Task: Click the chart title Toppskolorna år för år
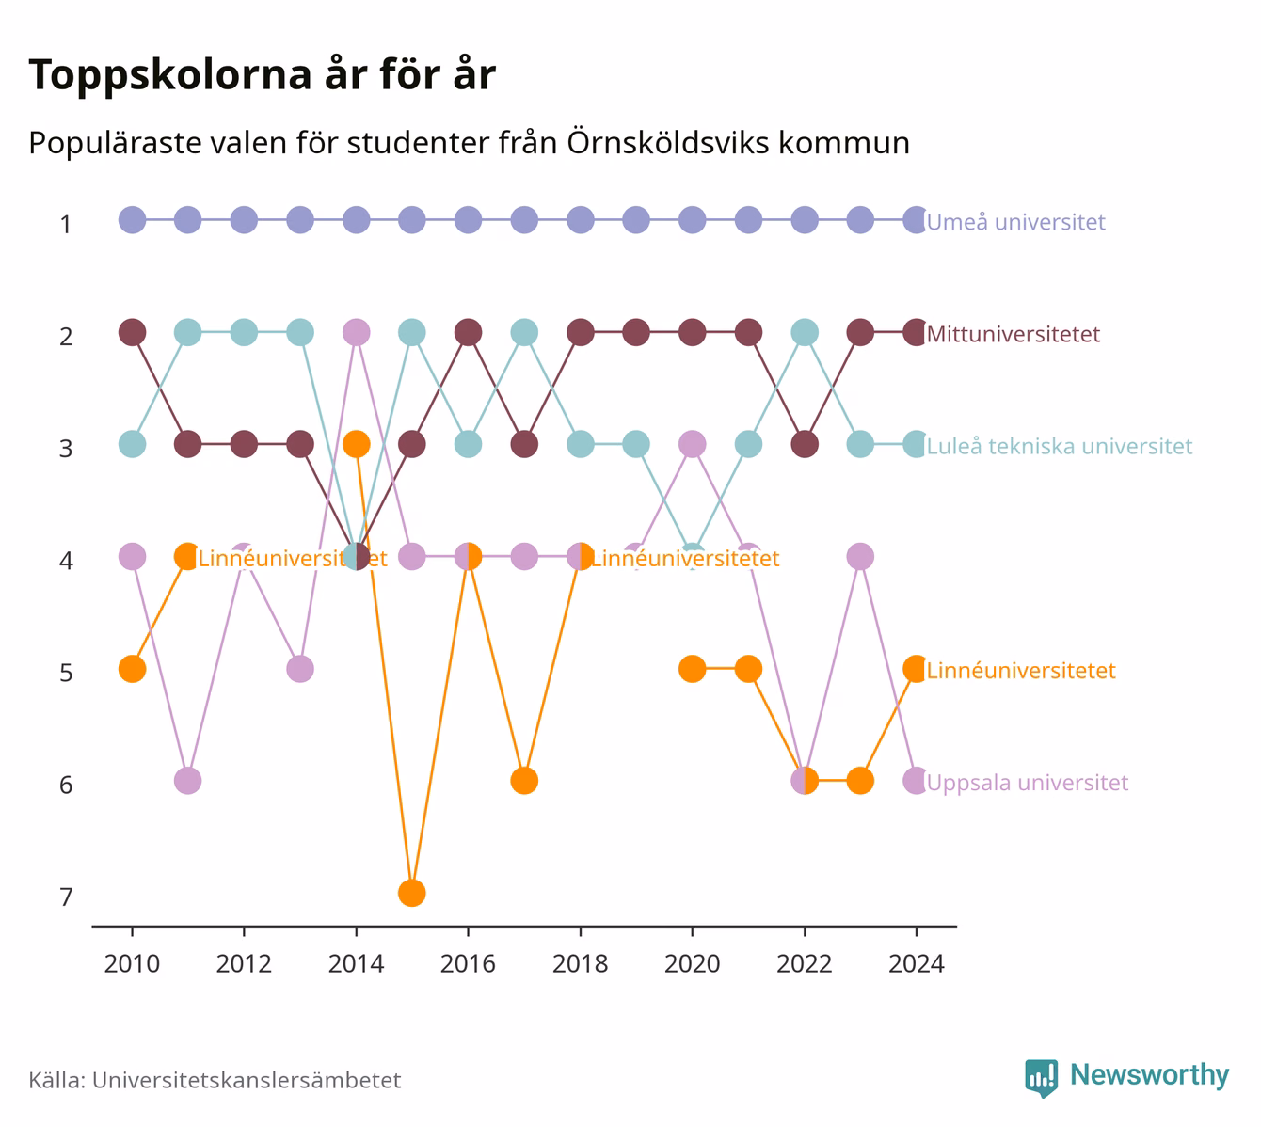point(262,75)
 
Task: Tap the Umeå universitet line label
point(1015,221)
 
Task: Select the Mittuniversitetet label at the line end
point(1014,334)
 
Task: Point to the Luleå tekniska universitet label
point(1060,446)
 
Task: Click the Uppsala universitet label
point(1028,783)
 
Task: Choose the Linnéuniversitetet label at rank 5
point(1021,670)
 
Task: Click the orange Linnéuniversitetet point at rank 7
point(411,893)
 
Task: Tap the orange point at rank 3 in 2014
point(357,444)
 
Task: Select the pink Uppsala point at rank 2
point(357,332)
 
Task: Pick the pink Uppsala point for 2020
point(692,444)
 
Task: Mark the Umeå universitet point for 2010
point(132,220)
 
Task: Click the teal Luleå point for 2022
point(805,332)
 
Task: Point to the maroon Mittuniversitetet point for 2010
point(132,332)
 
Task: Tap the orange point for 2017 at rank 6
point(524,781)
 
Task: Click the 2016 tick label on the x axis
point(468,964)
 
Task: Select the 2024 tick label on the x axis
point(917,964)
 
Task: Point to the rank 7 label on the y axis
point(66,897)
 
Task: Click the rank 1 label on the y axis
point(66,225)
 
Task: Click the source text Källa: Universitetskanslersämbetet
point(215,1080)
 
